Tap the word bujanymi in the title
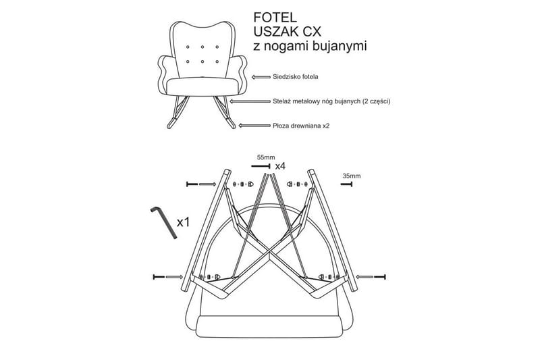pyautogui.click(x=337, y=47)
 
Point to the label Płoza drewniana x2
pyautogui.click(x=302, y=125)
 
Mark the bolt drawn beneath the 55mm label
pyautogui.click(x=263, y=165)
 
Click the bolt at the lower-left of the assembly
pyautogui.click(x=160, y=277)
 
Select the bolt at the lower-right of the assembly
pyautogui.click(x=378, y=277)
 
